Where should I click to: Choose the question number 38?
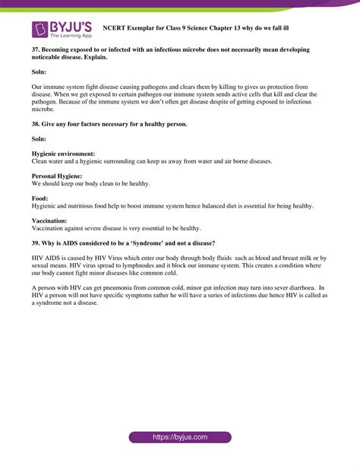point(36,124)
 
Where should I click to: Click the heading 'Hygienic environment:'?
point(63,154)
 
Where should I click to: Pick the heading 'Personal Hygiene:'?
point(58,176)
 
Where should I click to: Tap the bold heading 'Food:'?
point(40,198)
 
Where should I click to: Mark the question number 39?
point(36,243)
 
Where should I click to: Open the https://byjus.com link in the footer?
point(179,438)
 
